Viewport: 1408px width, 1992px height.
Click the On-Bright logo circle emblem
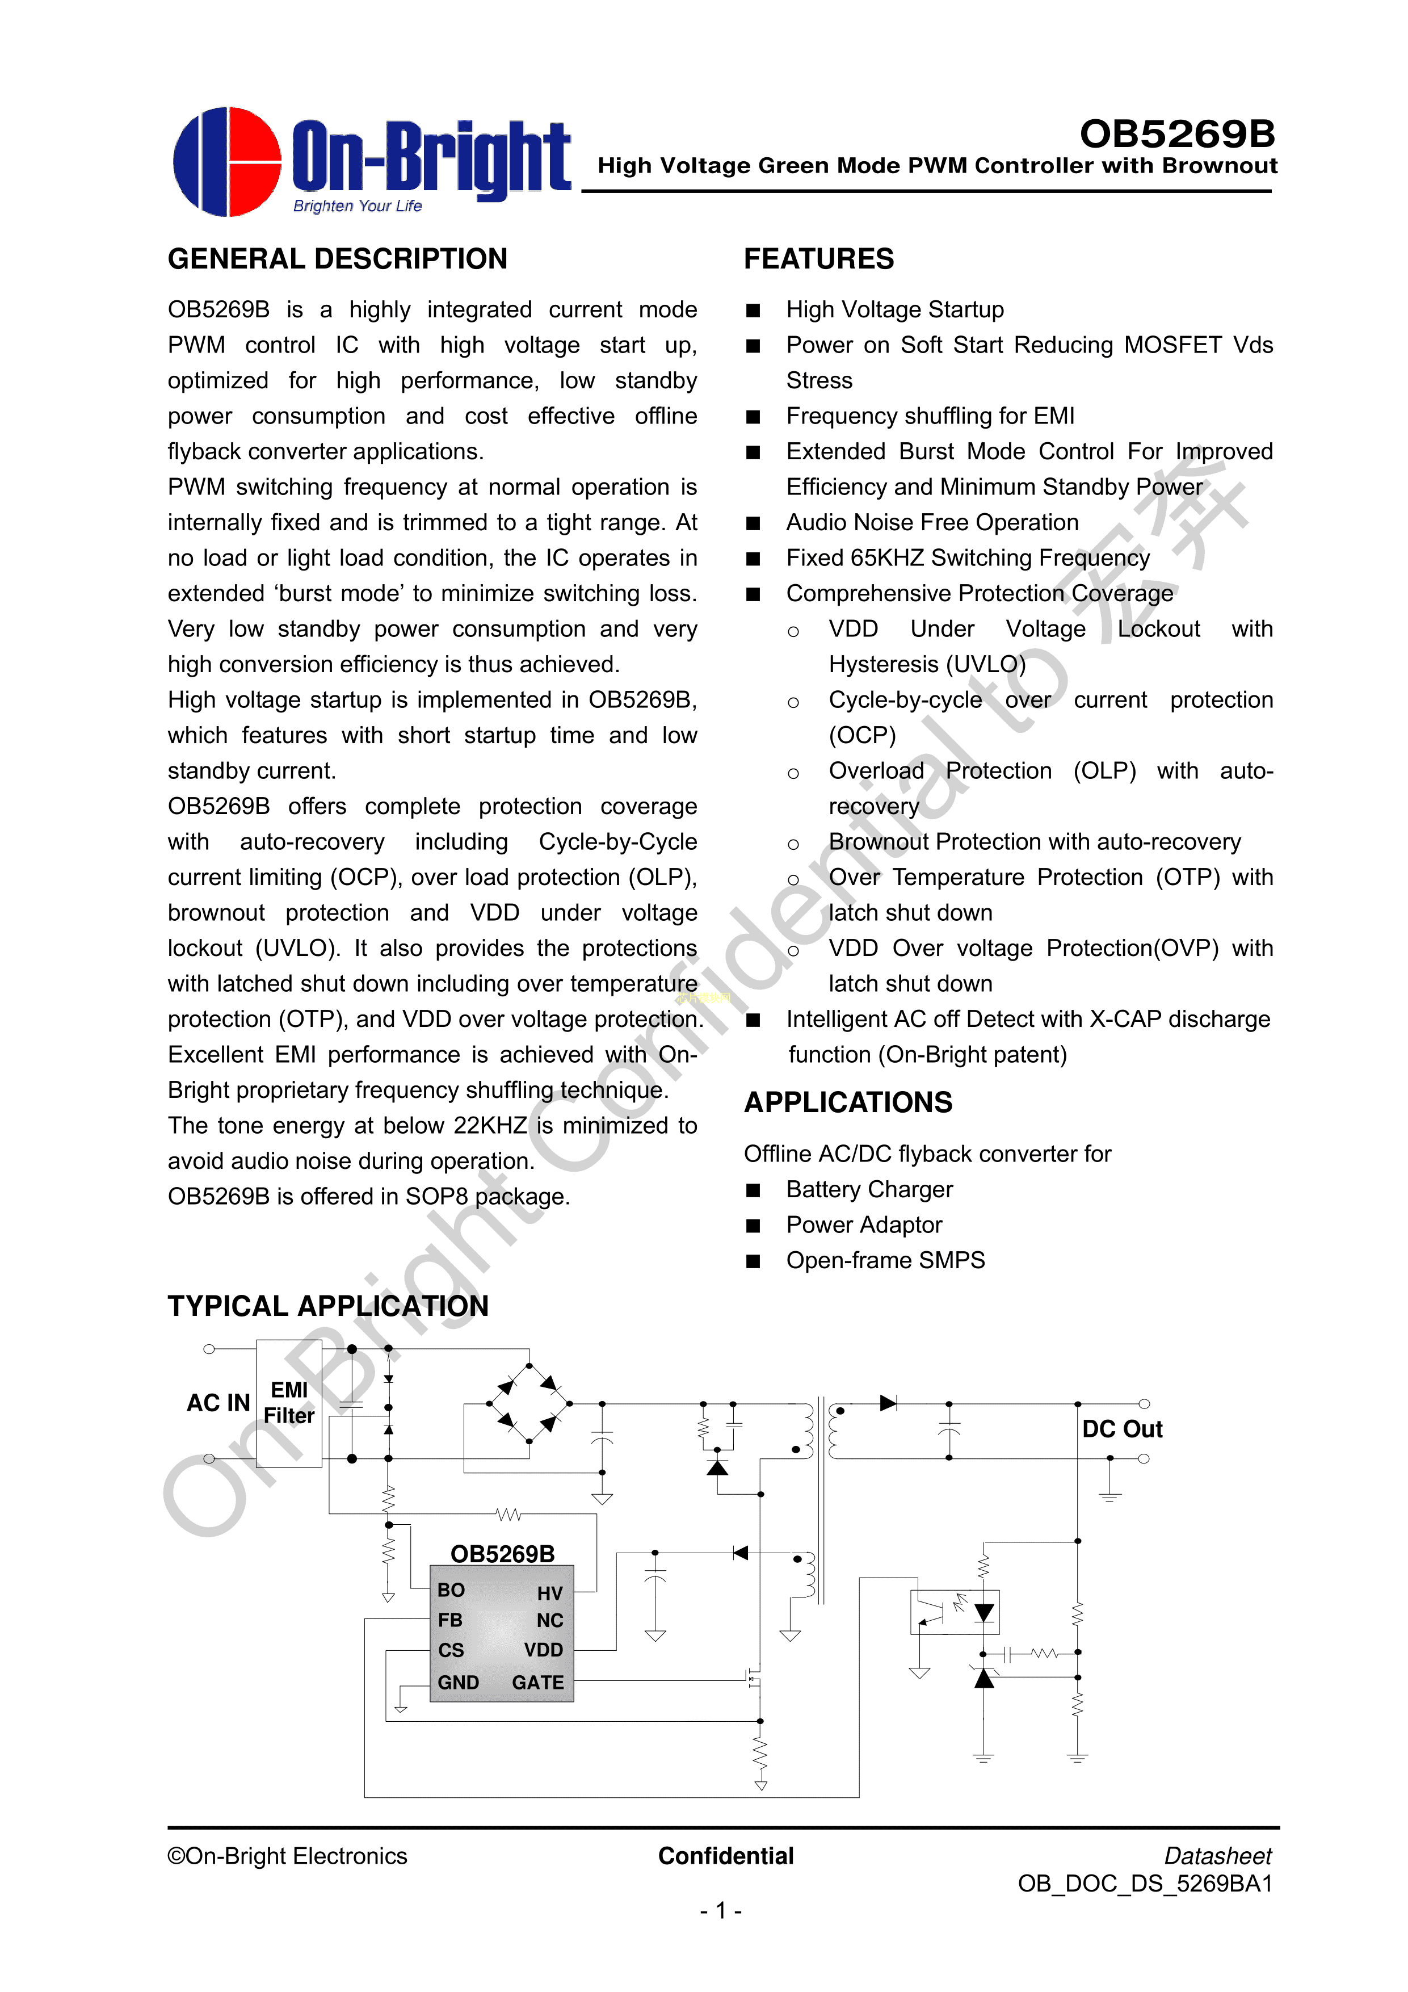click(228, 161)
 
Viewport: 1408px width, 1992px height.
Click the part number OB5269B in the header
click(1176, 133)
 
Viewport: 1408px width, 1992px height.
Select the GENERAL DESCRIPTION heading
click(338, 258)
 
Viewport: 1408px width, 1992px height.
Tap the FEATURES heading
click(818, 258)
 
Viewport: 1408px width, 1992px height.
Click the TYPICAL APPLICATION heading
click(328, 1306)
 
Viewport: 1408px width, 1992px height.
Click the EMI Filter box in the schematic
click(289, 1403)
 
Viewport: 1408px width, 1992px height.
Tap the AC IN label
click(218, 1403)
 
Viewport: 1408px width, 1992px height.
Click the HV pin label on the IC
click(549, 1593)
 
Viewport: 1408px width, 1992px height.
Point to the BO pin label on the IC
click(451, 1590)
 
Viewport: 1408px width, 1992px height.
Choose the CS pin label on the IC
click(451, 1650)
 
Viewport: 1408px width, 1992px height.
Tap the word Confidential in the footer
click(725, 1856)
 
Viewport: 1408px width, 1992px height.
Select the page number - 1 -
click(720, 1910)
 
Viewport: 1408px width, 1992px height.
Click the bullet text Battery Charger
click(869, 1189)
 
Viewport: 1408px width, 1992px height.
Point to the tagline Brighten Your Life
click(358, 206)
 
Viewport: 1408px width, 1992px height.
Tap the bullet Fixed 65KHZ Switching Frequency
click(967, 558)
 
